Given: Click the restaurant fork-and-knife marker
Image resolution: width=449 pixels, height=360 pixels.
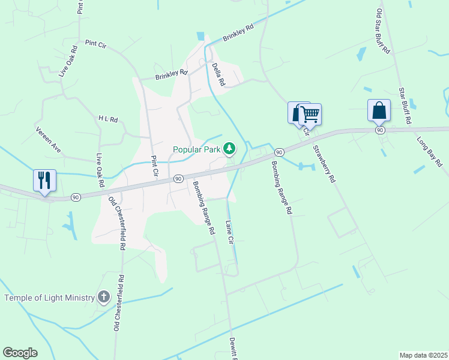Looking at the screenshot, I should point(44,180).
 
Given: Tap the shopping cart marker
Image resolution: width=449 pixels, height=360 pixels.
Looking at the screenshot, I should point(310,114).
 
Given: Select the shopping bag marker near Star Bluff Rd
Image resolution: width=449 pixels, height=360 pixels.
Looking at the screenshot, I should point(379,110).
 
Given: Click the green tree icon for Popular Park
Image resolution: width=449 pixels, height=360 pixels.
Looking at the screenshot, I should point(229,148).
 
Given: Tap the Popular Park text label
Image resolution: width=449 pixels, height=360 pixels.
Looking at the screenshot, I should point(196,149).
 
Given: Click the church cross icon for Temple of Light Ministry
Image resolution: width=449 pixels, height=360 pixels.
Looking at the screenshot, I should point(104,297).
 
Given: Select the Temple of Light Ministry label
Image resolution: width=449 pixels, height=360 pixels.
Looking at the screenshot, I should point(50,298).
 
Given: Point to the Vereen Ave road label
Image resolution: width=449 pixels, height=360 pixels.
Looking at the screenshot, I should point(49,138).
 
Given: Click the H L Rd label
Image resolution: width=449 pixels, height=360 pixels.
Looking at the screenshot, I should point(108,119).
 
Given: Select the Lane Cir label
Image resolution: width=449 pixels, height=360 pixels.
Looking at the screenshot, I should point(229,232).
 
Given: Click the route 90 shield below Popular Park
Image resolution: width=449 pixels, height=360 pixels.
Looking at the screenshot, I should point(178,179).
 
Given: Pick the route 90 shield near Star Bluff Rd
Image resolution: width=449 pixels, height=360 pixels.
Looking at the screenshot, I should point(379,130).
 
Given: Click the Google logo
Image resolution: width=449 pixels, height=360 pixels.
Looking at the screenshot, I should point(20,353).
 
